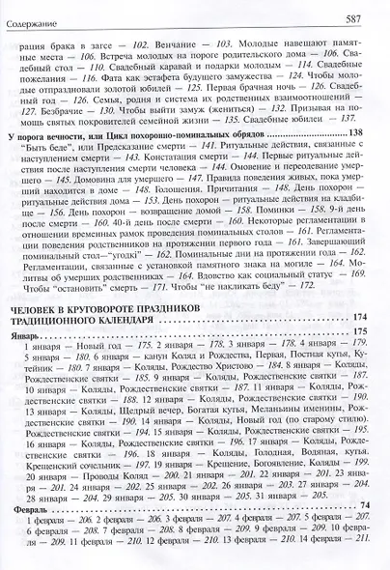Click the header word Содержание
coord(30,18)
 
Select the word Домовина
coord(42,190)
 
